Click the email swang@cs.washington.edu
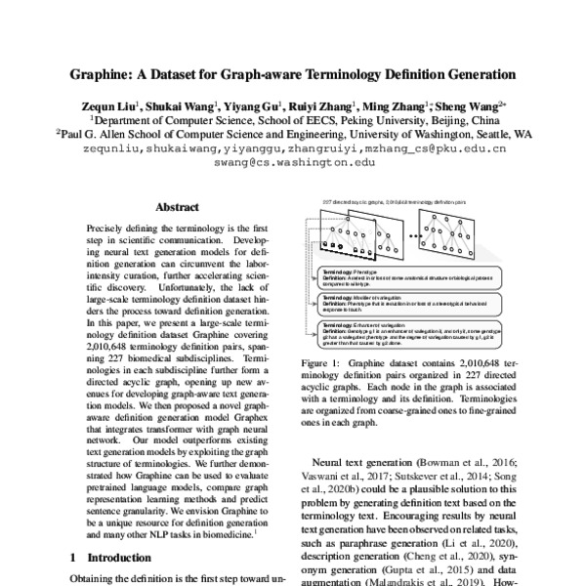[294, 164]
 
